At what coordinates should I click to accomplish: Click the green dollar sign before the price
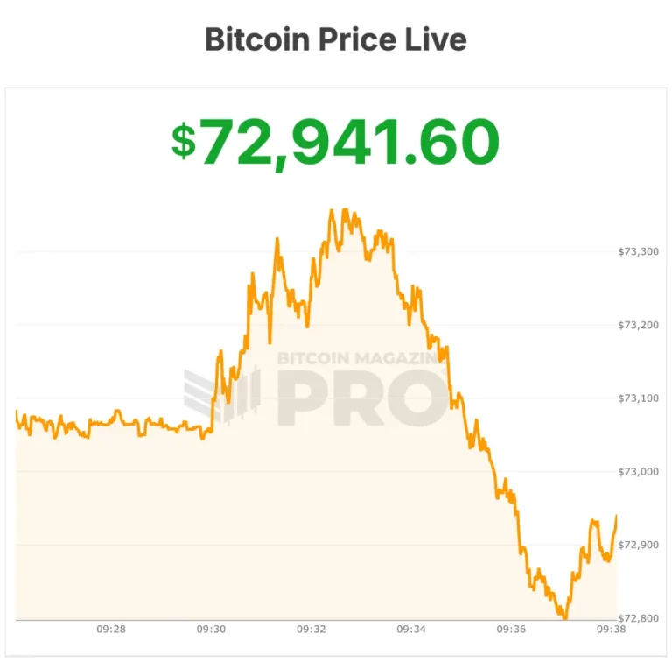tap(184, 142)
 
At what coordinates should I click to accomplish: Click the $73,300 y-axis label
tap(638, 251)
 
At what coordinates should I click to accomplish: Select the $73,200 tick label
tap(638, 325)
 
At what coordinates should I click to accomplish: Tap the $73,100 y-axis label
tap(638, 398)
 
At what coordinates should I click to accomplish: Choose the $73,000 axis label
tap(638, 472)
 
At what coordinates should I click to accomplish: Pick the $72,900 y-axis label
tap(638, 545)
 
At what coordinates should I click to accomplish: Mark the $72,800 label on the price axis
tap(638, 618)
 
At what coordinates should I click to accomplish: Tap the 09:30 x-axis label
tap(212, 629)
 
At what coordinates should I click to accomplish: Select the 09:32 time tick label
tap(311, 629)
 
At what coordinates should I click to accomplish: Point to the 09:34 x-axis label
tap(411, 629)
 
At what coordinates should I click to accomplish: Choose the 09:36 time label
tap(511, 629)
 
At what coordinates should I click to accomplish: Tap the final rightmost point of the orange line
tap(617, 516)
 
